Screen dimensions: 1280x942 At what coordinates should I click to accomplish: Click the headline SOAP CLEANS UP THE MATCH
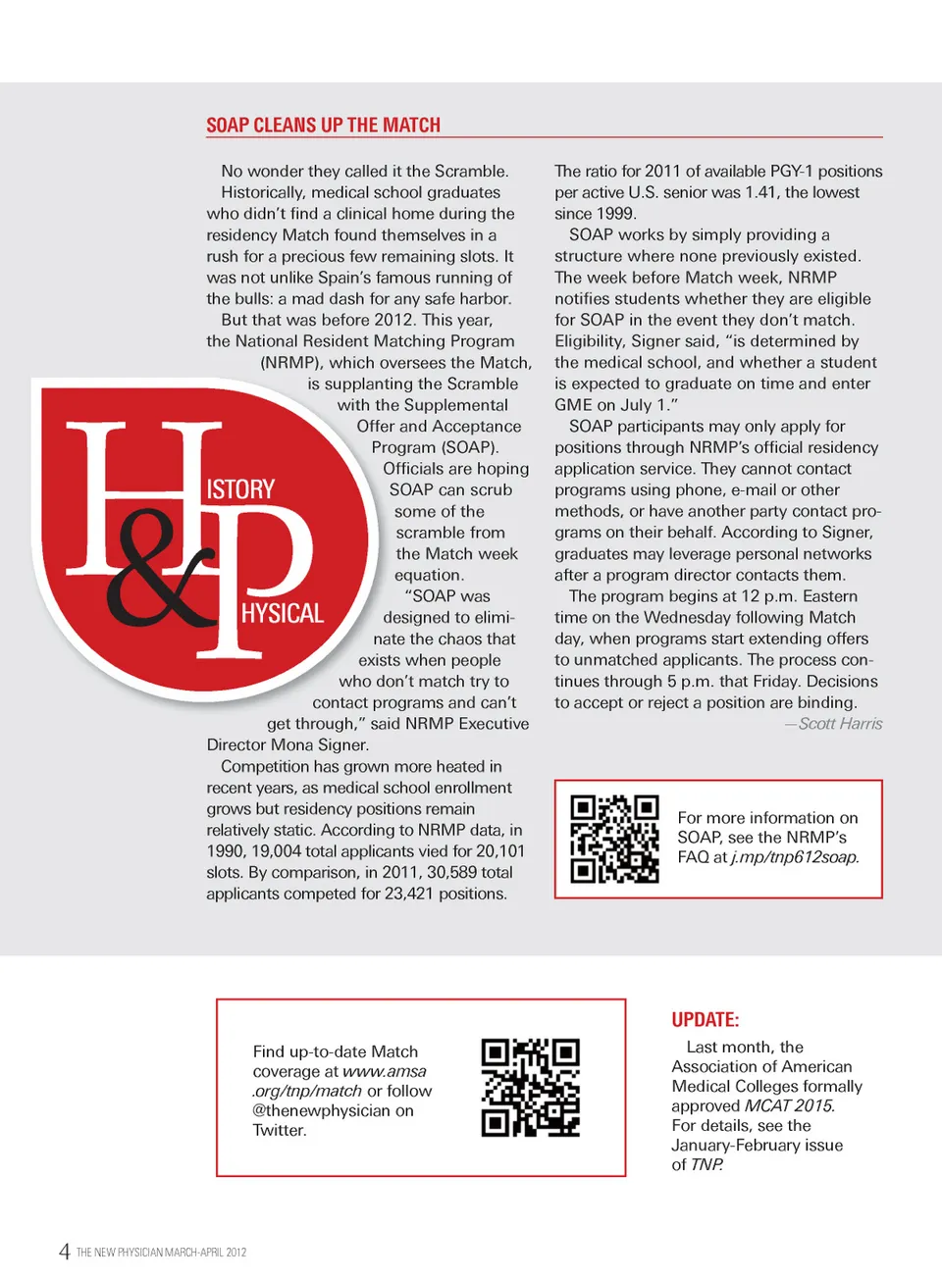(323, 126)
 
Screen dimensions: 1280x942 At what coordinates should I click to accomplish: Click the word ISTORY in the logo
(240, 489)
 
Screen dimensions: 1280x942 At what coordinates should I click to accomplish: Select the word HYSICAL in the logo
(283, 614)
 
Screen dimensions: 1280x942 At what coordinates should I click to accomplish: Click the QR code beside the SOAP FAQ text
(615, 839)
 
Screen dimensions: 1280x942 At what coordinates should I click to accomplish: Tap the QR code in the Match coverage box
(531, 1088)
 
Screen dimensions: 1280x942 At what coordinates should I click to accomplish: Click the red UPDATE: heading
(706, 1020)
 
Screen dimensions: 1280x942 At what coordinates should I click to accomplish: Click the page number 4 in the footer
(64, 1252)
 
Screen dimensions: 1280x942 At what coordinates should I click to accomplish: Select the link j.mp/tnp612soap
(795, 857)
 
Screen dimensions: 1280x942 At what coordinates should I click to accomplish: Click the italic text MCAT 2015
(790, 1105)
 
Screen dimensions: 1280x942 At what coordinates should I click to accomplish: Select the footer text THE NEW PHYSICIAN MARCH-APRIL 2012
(161, 1253)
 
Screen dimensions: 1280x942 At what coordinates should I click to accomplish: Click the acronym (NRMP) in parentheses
(291, 362)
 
